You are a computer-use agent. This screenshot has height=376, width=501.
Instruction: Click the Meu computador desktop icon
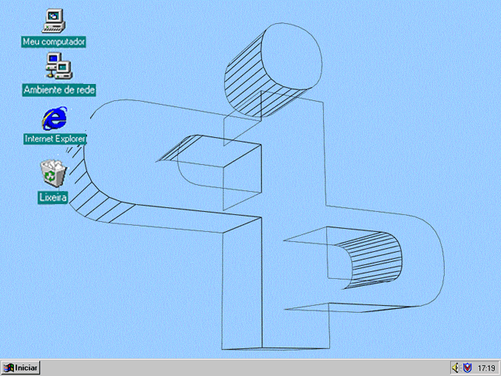pos(54,21)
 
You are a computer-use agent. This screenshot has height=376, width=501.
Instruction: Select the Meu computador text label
pos(54,42)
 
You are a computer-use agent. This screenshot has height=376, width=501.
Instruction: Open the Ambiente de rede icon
pos(59,66)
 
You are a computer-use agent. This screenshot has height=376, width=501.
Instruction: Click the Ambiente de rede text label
pos(59,90)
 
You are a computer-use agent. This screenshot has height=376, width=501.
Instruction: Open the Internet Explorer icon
pos(55,119)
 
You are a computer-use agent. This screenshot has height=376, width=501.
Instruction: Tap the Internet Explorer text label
pos(55,139)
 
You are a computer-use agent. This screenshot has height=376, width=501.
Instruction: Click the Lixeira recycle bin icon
pos(53,173)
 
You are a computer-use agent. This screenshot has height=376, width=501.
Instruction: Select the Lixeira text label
pos(53,197)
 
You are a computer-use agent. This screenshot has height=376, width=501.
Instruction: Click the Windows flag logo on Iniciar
pos(8,368)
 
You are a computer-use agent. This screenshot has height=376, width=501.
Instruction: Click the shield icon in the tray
pos(467,368)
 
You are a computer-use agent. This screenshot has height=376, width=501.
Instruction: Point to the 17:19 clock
pos(486,368)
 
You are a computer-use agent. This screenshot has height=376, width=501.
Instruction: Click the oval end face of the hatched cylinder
pos(291,56)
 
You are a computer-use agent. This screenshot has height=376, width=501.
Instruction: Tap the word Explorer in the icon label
pos(69,139)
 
